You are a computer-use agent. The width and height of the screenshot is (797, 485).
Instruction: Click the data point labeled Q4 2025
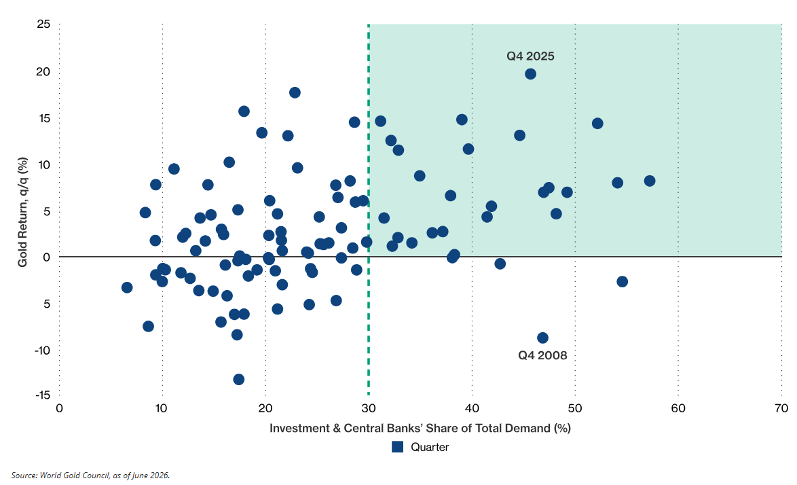click(x=530, y=74)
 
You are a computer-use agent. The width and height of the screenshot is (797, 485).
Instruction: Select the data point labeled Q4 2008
click(x=542, y=338)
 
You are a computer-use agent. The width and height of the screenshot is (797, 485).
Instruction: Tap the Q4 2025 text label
click(x=530, y=56)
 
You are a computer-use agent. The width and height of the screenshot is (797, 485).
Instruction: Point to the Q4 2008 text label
click(x=542, y=355)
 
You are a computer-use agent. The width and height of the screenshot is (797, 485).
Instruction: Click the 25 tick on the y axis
click(x=43, y=24)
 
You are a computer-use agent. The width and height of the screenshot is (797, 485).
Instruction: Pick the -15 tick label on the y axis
click(x=42, y=395)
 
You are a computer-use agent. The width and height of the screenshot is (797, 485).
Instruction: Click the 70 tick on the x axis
click(x=781, y=408)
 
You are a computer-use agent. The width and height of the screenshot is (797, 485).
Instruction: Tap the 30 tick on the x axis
click(x=369, y=408)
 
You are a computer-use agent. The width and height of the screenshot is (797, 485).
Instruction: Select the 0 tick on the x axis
click(x=59, y=408)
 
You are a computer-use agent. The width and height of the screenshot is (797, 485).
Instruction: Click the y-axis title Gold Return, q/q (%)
click(x=22, y=212)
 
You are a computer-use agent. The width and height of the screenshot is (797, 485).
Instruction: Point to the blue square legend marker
click(x=398, y=447)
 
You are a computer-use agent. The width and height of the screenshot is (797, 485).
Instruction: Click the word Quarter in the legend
click(x=430, y=447)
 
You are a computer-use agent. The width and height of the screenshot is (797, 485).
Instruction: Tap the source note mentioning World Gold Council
click(x=90, y=475)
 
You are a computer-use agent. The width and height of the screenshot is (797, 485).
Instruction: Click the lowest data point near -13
click(x=238, y=379)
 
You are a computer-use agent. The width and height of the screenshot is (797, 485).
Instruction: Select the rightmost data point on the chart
click(x=649, y=181)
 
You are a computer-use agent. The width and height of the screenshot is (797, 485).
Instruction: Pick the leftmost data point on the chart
click(x=127, y=287)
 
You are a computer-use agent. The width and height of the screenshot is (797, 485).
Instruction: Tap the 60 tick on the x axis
click(x=678, y=408)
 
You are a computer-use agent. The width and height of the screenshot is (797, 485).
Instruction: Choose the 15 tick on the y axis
click(x=43, y=118)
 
